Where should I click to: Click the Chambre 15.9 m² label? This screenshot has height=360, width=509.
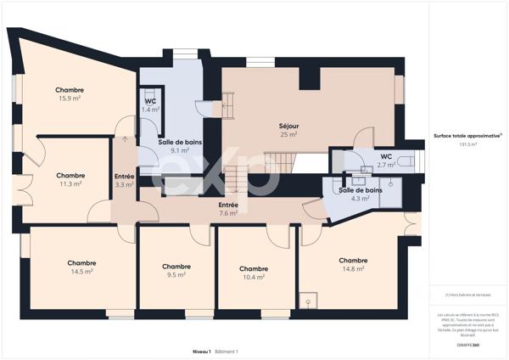(70, 94)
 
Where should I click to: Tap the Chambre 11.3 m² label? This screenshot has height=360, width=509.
(70, 179)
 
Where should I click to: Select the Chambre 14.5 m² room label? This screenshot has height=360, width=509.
(81, 267)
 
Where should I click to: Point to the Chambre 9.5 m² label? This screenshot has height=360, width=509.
(176, 270)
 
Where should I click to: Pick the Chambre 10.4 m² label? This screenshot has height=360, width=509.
(254, 273)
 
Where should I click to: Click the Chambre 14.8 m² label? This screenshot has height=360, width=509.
(353, 265)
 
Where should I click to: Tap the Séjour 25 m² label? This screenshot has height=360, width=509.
(288, 130)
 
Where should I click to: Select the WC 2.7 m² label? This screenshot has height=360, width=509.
(386, 160)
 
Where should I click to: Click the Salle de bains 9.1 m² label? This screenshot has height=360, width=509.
(179, 146)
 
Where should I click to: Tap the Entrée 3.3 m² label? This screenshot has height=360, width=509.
(124, 180)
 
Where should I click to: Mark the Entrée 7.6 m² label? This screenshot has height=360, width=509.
(228, 209)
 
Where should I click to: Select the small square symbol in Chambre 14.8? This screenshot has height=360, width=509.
(310, 300)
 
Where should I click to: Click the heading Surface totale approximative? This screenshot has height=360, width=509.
(467, 136)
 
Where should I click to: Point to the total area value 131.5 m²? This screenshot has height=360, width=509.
(467, 145)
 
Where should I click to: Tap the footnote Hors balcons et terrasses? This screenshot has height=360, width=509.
(467, 295)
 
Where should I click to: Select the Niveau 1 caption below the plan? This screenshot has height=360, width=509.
(201, 351)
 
